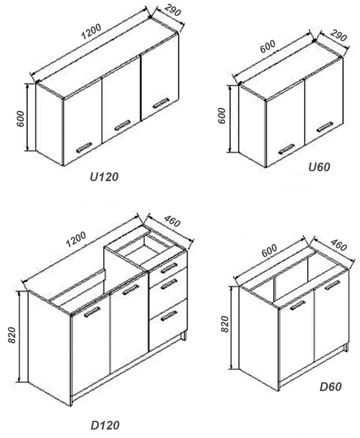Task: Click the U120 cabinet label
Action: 104,177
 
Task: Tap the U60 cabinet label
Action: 319,167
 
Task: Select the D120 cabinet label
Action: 105,425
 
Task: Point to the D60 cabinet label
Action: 330,387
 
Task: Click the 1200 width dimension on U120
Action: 91,32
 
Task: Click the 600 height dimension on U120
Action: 20,119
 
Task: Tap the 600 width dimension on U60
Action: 268,46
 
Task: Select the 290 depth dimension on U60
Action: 338,35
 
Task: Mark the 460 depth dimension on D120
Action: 172,221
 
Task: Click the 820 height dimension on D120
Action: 12,335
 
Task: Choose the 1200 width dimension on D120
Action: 76,239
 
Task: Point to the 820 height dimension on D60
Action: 225,324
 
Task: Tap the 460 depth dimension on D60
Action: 339,245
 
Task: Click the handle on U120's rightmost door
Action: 161,103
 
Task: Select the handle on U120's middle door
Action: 123,125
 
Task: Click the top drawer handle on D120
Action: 169,268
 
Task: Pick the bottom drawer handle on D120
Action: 169,316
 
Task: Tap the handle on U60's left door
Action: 287,149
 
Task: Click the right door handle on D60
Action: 333,285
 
